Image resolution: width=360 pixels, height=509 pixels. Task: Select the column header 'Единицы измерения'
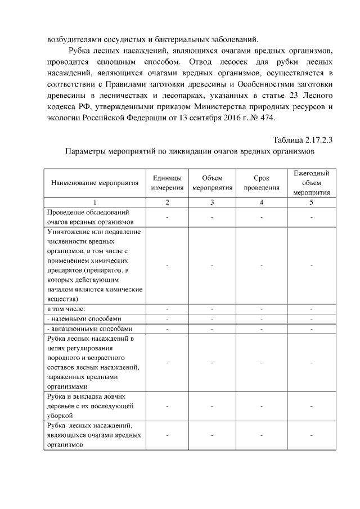(167, 183)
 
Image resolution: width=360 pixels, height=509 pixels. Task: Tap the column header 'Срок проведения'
(262, 183)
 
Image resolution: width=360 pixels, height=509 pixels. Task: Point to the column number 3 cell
(212, 202)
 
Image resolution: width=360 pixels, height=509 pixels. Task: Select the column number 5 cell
(311, 202)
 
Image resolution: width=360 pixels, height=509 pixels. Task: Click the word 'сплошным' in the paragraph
(120, 61)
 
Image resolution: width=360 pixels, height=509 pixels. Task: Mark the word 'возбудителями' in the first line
(71, 39)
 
